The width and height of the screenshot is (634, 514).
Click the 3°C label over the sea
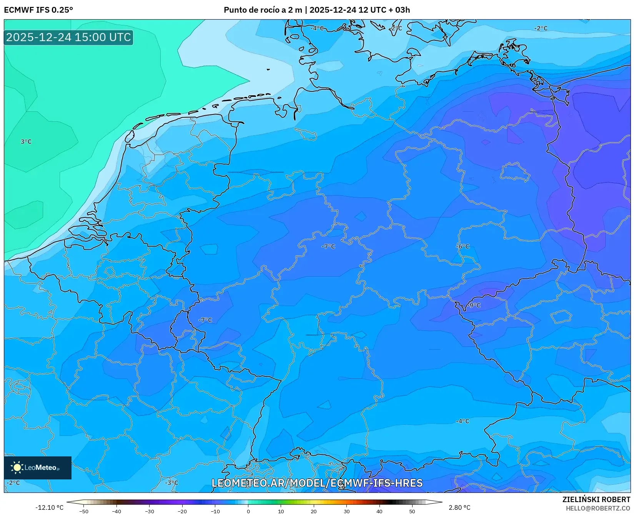pos(26,142)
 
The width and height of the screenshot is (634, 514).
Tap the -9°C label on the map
pos(474,305)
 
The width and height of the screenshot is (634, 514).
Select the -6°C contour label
pos(463,246)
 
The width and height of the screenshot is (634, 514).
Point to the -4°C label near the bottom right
pos(463,421)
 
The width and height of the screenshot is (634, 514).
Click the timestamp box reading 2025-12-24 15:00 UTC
pos(68,37)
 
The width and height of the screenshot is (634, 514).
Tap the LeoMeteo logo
pos(37,468)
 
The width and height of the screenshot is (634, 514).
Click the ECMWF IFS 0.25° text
pos(38,10)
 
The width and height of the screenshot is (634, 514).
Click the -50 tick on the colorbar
pos(84,511)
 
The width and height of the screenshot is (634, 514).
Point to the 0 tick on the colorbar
pos(248,511)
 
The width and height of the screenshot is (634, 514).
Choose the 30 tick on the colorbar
pos(346,511)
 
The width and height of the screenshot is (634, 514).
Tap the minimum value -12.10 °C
pos(49,507)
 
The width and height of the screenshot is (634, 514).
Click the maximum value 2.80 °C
pos(459,507)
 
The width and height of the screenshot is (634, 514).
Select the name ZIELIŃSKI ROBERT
pos(596,499)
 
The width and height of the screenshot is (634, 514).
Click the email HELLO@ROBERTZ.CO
pos(598,508)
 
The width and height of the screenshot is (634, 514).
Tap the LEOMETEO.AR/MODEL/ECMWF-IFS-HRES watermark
pos(317,483)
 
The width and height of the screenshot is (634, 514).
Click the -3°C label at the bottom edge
pos(171,482)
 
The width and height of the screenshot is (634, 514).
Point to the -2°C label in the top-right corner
pos(541,28)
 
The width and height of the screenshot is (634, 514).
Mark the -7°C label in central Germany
pos(328,246)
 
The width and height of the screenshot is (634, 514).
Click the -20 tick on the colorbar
pos(182,511)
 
